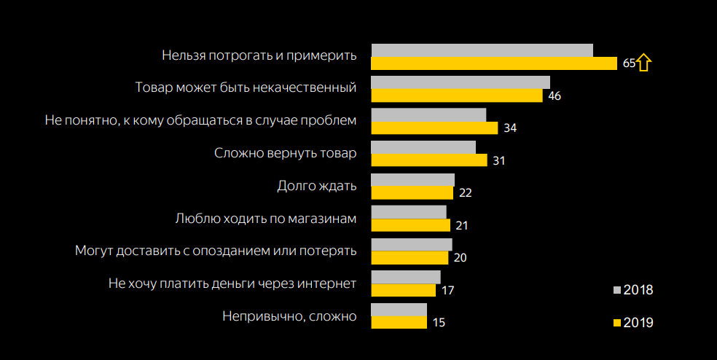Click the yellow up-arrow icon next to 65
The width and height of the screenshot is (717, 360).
(643, 63)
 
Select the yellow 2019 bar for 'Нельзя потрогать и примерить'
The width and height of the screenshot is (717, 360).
(494, 63)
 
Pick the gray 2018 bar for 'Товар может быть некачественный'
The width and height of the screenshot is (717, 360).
(461, 82)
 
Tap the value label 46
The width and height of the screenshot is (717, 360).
(554, 95)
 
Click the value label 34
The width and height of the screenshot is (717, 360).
(510, 128)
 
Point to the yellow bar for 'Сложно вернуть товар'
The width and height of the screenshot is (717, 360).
(428, 160)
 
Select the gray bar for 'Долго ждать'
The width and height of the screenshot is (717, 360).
(412, 180)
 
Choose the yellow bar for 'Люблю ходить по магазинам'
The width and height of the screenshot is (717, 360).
(410, 225)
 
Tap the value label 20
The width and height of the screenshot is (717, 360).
(461, 258)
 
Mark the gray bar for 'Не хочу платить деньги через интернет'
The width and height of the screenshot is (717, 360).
(406, 277)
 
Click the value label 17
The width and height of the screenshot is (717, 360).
(448, 290)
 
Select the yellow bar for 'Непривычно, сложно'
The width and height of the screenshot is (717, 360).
(399, 322)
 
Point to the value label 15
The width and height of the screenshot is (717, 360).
(439, 322)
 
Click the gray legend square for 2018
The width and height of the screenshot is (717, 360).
(616, 290)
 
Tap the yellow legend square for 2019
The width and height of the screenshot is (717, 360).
(616, 322)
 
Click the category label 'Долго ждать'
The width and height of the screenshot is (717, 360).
(317, 186)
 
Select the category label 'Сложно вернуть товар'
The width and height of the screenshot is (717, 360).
(286, 154)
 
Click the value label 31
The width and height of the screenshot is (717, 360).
(499, 160)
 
